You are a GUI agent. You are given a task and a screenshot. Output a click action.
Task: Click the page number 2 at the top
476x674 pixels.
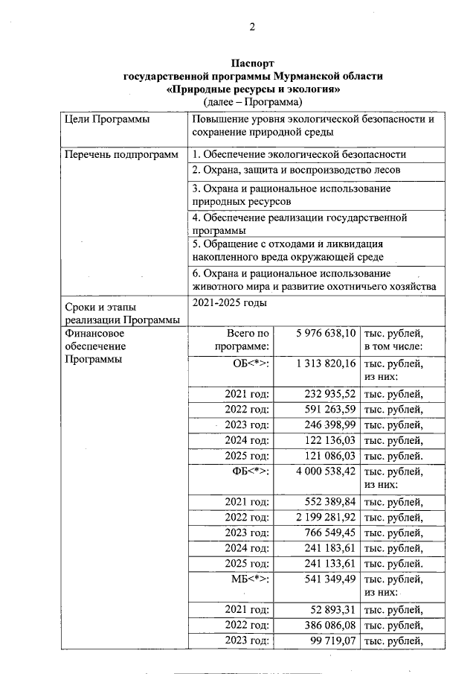click(252, 28)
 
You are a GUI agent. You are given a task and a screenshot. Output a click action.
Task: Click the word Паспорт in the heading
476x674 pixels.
click(252, 64)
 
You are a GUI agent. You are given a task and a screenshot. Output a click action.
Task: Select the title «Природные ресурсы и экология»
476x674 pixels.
click(253, 89)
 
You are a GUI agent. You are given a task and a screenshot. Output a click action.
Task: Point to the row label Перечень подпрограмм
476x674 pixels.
click(122, 154)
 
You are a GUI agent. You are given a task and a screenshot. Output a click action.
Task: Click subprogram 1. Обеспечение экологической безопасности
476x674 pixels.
click(299, 154)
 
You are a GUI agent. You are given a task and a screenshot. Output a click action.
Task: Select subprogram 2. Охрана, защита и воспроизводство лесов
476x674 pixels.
click(296, 170)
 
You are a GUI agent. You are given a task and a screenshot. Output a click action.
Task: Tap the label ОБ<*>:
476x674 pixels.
click(251, 363)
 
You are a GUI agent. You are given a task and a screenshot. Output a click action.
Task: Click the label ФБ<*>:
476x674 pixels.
click(251, 471)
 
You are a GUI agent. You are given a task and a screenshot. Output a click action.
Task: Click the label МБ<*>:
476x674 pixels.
click(251, 579)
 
